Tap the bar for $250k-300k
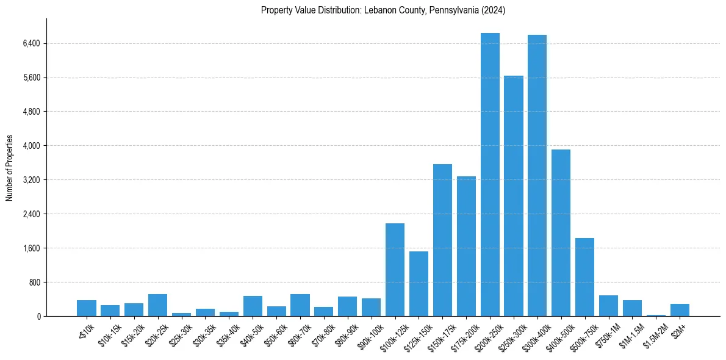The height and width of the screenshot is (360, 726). coord(514,196)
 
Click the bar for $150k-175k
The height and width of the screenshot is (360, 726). coord(442,240)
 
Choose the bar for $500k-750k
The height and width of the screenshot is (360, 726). coord(584,277)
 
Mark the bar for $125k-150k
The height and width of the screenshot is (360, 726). coord(419,284)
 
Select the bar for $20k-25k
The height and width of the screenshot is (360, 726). coord(157,305)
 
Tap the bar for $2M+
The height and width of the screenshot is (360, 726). coord(680,310)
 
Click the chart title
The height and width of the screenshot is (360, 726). coord(383,10)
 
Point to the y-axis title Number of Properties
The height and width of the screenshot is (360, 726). coord(10,168)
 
